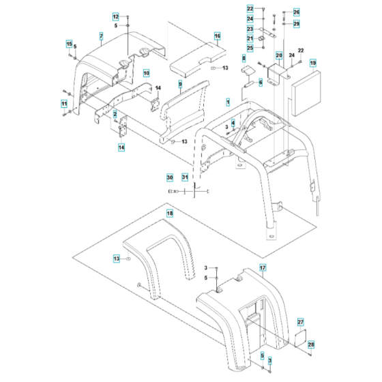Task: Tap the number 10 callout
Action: tap(146, 72)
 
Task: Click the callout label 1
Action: tap(228, 101)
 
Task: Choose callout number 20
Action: tap(279, 55)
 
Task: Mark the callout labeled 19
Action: tap(313, 63)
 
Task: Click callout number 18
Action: tap(171, 214)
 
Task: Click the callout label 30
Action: tap(170, 177)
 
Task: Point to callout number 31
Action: tap(184, 177)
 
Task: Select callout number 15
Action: tap(69, 44)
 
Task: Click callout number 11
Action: tap(65, 104)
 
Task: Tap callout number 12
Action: tap(115, 16)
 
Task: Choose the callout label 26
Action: tap(296, 12)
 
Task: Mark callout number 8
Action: tap(244, 60)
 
